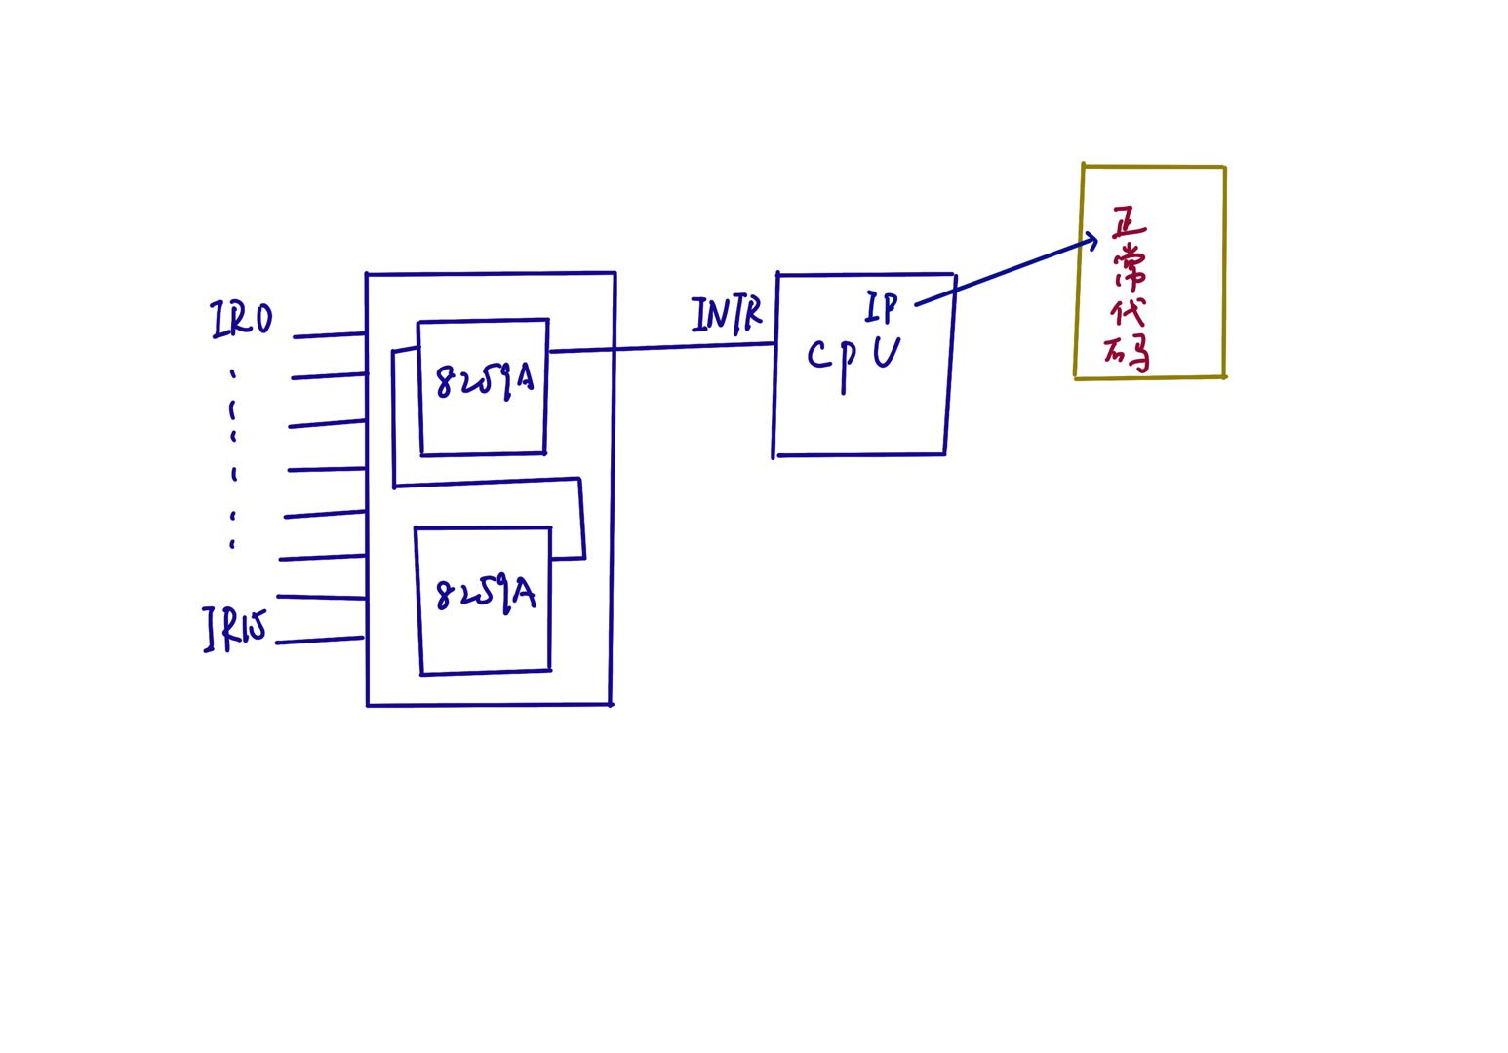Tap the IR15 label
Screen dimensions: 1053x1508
pyautogui.click(x=234, y=628)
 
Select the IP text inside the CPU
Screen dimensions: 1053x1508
pyautogui.click(x=881, y=307)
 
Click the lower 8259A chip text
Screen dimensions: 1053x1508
pyautogui.click(x=486, y=594)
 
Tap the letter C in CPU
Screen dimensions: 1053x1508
pyautogui.click(x=818, y=356)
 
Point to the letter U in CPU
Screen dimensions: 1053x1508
pyautogui.click(x=886, y=352)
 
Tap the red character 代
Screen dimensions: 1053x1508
pyautogui.click(x=1128, y=312)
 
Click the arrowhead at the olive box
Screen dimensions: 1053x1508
pyautogui.click(x=1092, y=239)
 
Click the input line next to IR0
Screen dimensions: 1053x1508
pyautogui.click(x=330, y=335)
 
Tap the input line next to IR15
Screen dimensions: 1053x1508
pyautogui.click(x=320, y=641)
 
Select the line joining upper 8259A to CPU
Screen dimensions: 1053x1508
pyautogui.click(x=663, y=347)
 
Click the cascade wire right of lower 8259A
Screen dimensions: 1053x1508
pyautogui.click(x=568, y=559)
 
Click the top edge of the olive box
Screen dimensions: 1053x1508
pyautogui.click(x=1154, y=167)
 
